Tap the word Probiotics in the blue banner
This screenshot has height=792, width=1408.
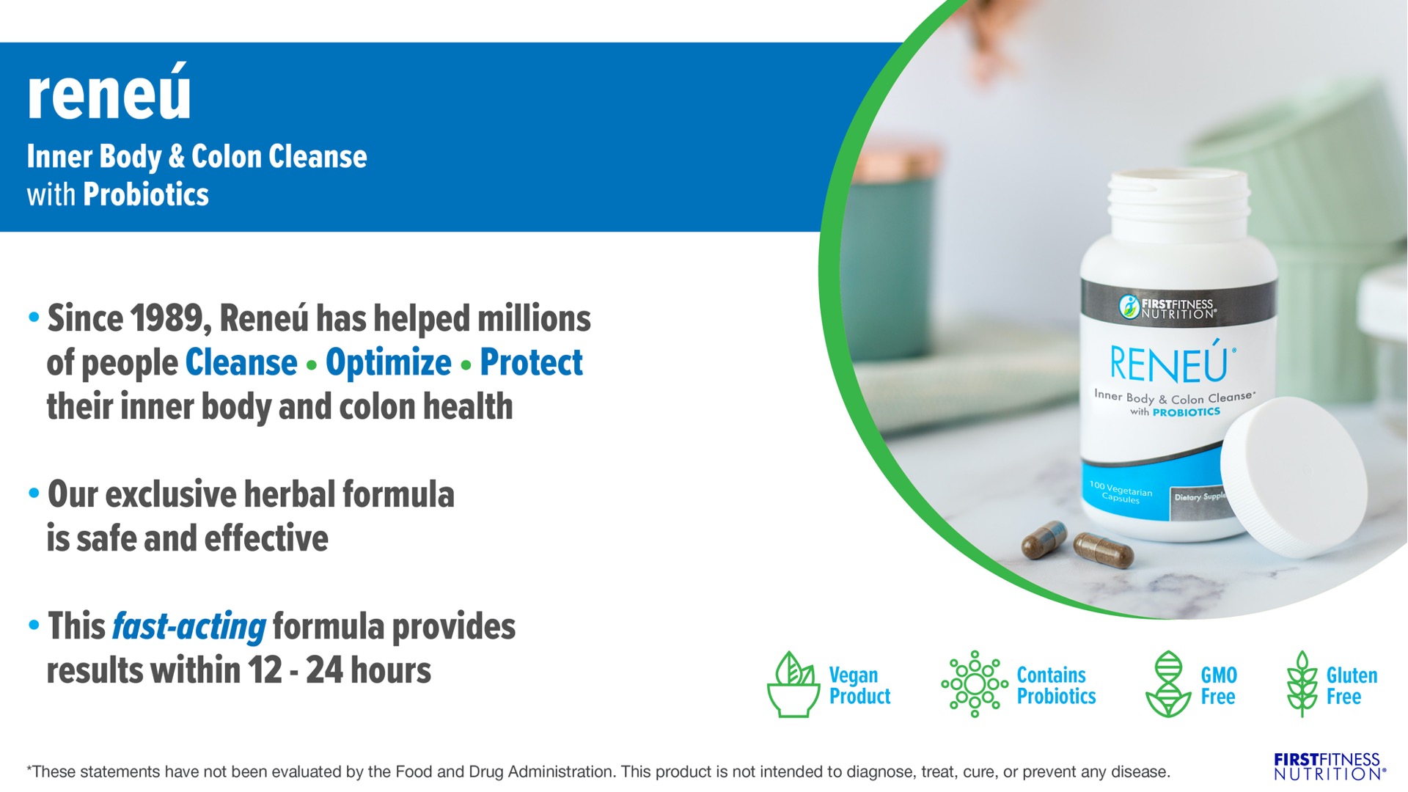pyautogui.click(x=146, y=195)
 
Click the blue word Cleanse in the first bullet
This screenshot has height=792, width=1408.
pyautogui.click(x=241, y=362)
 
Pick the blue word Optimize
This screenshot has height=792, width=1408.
pyautogui.click(x=389, y=363)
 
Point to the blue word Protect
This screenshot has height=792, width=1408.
pyautogui.click(x=532, y=362)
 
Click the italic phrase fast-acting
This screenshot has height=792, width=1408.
pyautogui.click(x=188, y=627)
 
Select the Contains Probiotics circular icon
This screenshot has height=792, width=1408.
pyautogui.click(x=975, y=683)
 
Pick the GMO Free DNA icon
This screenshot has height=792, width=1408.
pyautogui.click(x=1167, y=683)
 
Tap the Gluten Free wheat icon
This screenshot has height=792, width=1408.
pyautogui.click(x=1302, y=683)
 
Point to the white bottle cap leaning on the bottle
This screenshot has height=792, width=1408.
pyautogui.click(x=1294, y=477)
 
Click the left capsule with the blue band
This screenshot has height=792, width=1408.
pyautogui.click(x=1044, y=540)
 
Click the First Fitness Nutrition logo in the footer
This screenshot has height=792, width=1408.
pyautogui.click(x=1330, y=766)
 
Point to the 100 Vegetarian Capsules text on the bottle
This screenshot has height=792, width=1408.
pyautogui.click(x=1121, y=492)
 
